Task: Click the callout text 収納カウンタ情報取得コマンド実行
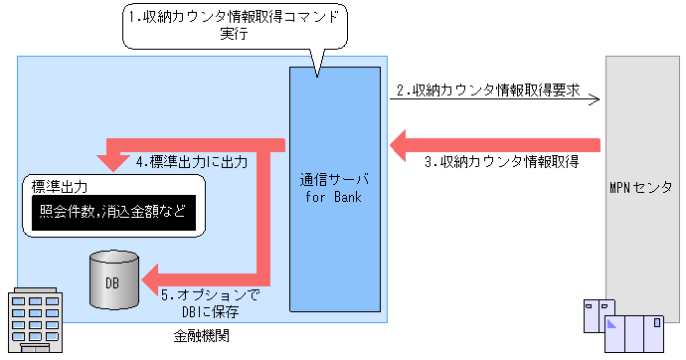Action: coord(236,24)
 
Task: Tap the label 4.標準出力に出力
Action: coord(191,159)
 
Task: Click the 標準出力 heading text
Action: coord(61,186)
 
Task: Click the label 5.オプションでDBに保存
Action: coord(210,302)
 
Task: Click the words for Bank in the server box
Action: coord(333,197)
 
